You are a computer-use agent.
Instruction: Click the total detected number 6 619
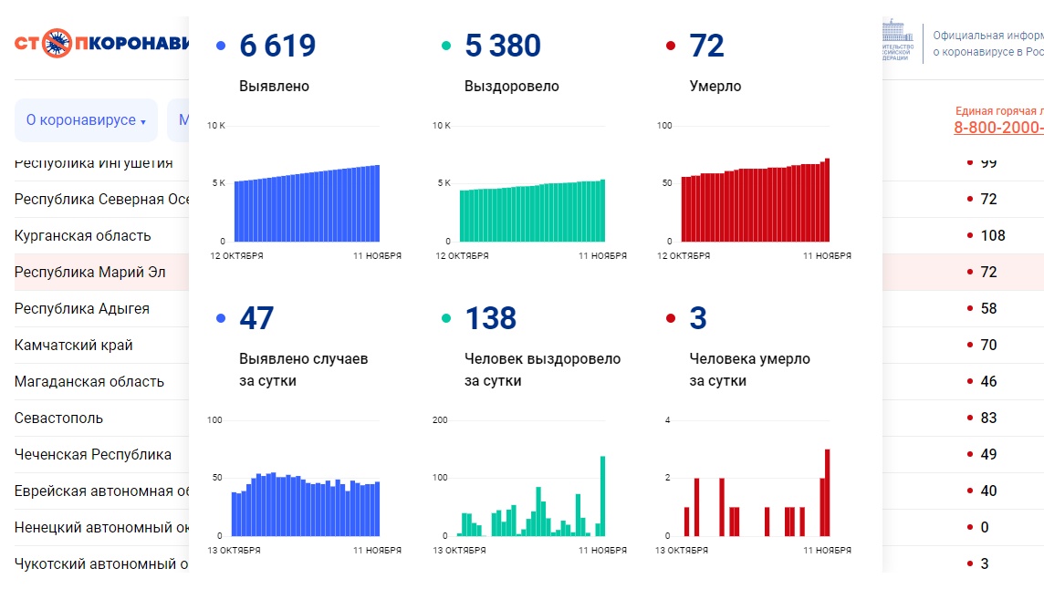277,46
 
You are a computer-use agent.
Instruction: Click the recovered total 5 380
503,46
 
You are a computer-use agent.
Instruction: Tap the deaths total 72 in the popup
707,46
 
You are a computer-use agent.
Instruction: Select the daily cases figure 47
256,318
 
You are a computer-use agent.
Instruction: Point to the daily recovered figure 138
491,318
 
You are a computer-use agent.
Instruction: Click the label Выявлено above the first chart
274,87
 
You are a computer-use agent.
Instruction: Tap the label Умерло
715,87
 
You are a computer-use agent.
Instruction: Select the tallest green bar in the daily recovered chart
602,496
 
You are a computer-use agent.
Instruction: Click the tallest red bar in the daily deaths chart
828,492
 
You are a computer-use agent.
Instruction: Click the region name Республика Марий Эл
89,273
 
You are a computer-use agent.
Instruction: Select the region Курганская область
82,236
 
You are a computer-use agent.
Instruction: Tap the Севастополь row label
58,418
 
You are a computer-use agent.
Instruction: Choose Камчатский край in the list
74,346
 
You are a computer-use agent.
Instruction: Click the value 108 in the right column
992,236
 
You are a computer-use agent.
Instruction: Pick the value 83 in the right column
988,418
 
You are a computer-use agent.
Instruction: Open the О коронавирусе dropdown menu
86,120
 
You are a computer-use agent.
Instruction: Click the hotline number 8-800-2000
998,128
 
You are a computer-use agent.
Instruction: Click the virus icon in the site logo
57,43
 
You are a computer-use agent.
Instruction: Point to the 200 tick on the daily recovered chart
440,420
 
